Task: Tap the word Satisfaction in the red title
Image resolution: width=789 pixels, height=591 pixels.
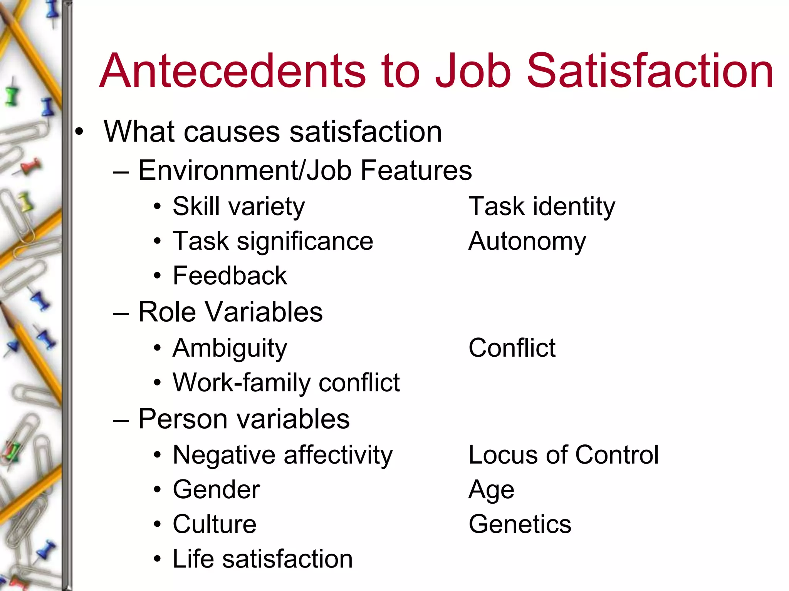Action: (x=650, y=71)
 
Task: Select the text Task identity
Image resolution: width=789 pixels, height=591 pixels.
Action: (x=542, y=207)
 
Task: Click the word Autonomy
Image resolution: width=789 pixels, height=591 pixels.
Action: (x=527, y=242)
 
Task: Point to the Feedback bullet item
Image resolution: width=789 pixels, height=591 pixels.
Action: (x=230, y=276)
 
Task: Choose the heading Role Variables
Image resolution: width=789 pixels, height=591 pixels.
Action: (x=230, y=312)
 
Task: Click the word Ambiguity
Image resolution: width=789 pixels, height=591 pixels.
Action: (x=230, y=348)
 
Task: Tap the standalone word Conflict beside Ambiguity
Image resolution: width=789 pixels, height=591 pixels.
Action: (x=512, y=348)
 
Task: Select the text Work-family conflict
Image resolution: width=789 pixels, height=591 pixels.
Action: (x=286, y=383)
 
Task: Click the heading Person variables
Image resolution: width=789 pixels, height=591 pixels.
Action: (x=244, y=419)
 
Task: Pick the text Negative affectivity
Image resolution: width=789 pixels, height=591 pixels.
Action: (x=282, y=455)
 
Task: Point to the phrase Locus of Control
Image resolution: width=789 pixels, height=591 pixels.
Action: (x=563, y=455)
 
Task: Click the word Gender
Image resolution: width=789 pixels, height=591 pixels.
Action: (x=216, y=490)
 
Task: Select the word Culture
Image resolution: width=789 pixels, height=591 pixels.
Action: (x=214, y=524)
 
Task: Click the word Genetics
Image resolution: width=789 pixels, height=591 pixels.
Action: (x=520, y=524)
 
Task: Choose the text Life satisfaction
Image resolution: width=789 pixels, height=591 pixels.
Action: (x=262, y=559)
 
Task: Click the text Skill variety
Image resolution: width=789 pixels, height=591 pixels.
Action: (x=238, y=207)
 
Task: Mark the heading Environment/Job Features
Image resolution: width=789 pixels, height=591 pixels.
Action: (x=305, y=170)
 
